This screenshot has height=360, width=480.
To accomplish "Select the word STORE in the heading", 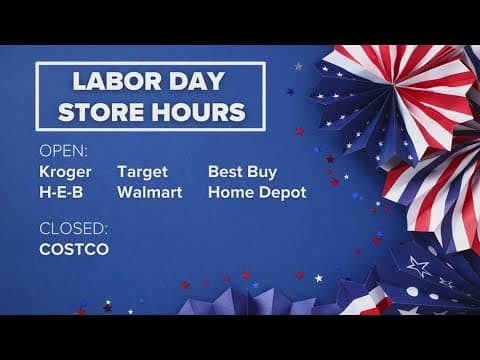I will (103, 110).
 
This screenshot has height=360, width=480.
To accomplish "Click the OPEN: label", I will (63, 152).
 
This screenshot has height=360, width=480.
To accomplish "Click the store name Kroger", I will (65, 171).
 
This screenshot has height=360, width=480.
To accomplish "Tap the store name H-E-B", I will (61, 191).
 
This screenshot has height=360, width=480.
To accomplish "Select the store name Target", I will (143, 171).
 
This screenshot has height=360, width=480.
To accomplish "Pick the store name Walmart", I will (150, 191).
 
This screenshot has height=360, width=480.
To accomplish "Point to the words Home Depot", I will (257, 191).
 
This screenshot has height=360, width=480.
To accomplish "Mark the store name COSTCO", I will (74, 249).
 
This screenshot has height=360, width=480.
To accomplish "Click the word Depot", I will (283, 191).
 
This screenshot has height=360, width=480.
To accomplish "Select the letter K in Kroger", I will (44, 171).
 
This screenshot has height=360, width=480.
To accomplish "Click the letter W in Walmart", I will (125, 191).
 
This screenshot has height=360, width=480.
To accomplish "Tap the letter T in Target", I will (122, 171).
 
